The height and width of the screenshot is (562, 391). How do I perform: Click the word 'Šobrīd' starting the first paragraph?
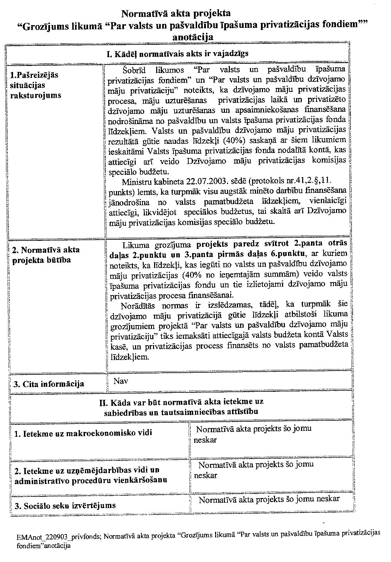[134, 69]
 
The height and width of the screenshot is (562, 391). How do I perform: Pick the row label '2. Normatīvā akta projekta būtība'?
[46, 255]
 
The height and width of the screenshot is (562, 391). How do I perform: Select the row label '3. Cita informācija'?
[49, 384]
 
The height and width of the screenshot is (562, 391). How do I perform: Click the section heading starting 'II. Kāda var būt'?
[182, 407]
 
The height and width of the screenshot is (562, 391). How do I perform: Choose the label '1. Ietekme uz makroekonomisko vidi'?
[83, 433]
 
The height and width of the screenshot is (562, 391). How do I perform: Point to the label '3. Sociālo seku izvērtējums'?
[65, 505]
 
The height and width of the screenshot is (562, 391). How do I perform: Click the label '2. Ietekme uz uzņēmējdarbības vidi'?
[87, 470]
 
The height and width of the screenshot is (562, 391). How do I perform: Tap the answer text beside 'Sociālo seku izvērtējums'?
[269, 499]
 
